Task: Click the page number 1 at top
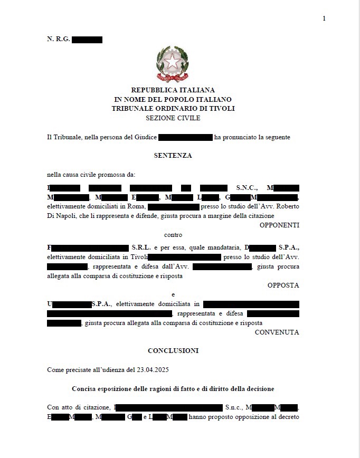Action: [324, 18]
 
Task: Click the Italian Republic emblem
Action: [173, 64]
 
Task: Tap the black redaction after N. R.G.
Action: [87, 40]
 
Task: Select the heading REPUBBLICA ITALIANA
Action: [173, 90]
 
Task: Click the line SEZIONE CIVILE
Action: [173, 118]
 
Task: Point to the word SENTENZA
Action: [173, 156]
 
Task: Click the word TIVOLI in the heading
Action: [222, 109]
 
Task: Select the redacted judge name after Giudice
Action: [185, 137]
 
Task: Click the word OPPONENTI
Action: [279, 225]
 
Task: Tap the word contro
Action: [173, 235]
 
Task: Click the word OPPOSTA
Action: [283, 285]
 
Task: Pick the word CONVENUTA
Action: [277, 332]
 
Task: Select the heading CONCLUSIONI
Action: [173, 351]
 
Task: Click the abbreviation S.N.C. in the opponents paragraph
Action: [247, 188]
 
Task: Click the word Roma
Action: [136, 207]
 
